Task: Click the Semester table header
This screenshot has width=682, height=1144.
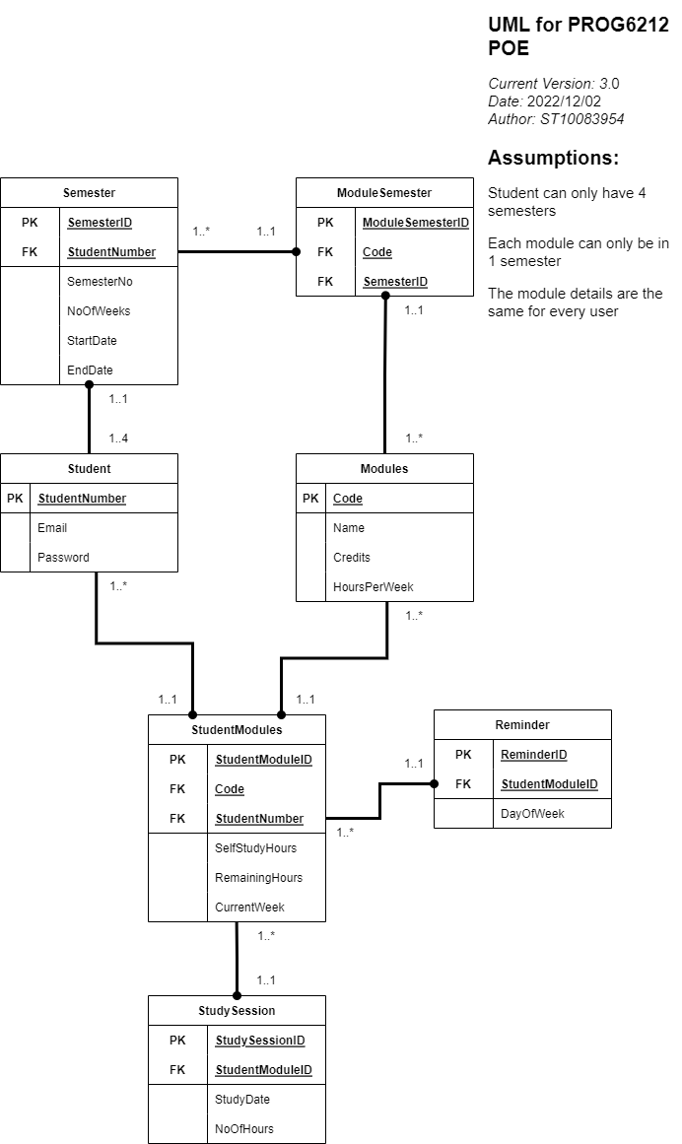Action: click(89, 192)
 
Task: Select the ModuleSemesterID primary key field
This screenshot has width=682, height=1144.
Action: click(415, 223)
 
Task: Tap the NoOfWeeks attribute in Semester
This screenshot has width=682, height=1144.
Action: click(99, 311)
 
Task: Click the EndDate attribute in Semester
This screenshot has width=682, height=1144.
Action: click(90, 370)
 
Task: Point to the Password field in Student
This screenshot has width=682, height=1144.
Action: click(63, 558)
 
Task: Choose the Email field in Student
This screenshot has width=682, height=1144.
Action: click(52, 528)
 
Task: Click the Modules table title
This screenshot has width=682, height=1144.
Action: click(384, 468)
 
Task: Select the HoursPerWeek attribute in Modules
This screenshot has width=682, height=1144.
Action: click(373, 587)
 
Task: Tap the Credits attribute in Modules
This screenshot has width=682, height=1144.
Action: click(352, 558)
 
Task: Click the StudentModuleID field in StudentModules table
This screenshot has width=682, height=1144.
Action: click(263, 760)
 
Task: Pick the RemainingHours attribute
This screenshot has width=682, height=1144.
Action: click(258, 878)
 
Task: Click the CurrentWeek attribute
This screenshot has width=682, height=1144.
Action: click(250, 908)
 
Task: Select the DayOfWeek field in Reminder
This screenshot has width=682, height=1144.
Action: click(532, 814)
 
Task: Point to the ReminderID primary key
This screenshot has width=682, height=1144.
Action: click(533, 755)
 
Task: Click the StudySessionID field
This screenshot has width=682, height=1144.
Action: click(260, 1041)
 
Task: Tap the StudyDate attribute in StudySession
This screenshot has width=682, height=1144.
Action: click(242, 1100)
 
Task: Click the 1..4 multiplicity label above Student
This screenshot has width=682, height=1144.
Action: click(118, 438)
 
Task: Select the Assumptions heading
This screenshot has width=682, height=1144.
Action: click(553, 158)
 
